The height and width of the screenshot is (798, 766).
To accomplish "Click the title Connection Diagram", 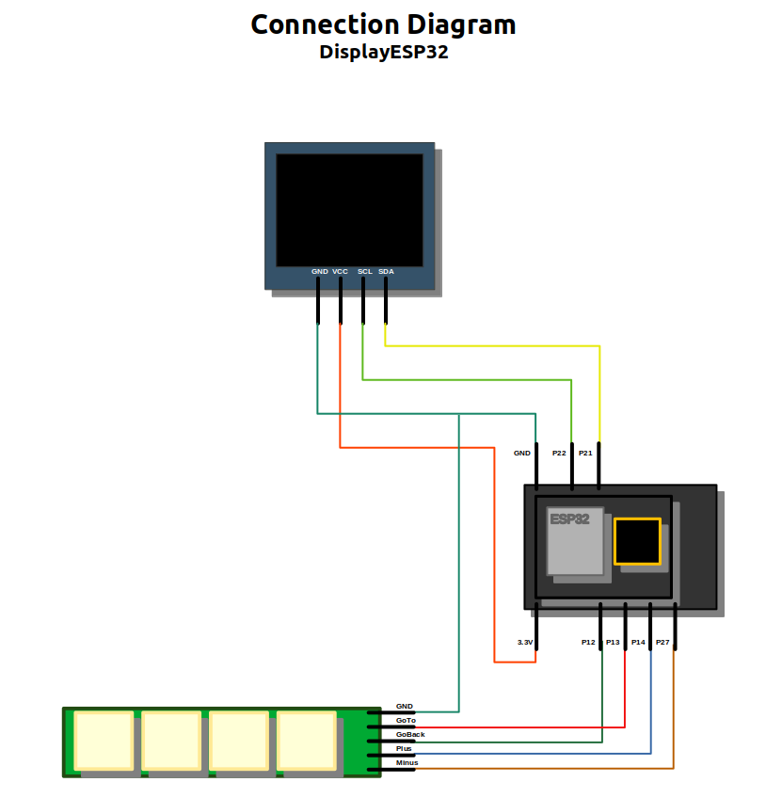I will (383, 25).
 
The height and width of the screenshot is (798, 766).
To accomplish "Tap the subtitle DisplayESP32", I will (383, 53).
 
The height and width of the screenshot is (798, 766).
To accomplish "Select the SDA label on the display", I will (386, 271).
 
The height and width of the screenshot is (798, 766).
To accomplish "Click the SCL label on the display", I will (365, 271).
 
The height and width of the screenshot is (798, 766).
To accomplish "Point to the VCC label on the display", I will (340, 271).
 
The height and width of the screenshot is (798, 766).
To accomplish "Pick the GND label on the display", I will (320, 271).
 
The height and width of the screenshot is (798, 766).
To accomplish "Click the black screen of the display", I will (349, 209).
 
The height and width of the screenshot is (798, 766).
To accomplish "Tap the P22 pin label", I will (559, 453).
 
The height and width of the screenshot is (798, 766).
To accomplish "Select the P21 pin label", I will (585, 453).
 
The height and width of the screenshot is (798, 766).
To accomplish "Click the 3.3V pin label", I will (525, 642).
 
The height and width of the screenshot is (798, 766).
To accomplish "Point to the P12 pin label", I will (588, 642).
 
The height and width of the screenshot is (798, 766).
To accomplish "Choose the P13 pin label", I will (613, 642).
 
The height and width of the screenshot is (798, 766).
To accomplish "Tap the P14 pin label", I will (638, 642).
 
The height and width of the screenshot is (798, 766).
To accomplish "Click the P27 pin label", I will (662, 642).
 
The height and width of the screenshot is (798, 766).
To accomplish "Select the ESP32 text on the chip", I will (569, 519).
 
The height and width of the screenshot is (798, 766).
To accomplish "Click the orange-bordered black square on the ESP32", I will (637, 541).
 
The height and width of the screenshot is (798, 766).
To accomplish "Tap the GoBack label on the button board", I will (410, 734).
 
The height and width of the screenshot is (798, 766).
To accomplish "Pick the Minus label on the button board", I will (407, 762).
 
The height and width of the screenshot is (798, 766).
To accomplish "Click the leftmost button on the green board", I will (104, 741).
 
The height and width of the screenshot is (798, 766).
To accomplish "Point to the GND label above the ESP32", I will (522, 453).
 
